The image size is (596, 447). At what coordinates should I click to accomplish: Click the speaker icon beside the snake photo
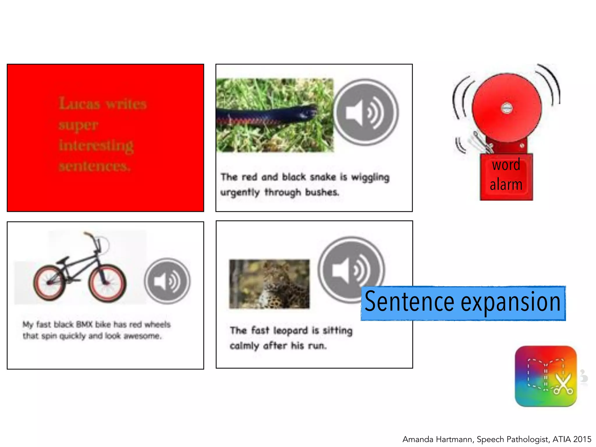click(366, 112)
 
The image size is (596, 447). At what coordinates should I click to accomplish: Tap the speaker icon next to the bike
click(167, 281)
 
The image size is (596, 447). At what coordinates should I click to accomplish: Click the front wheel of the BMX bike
click(107, 283)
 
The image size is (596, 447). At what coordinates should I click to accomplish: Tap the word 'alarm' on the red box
click(506, 185)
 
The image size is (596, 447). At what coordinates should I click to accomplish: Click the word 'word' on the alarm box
click(506, 165)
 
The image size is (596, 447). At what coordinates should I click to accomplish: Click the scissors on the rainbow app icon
click(563, 384)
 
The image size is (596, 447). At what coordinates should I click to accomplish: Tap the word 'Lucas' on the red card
click(79, 104)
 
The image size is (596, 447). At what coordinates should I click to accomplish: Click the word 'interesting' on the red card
click(96, 146)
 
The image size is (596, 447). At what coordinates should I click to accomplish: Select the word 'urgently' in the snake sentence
click(240, 192)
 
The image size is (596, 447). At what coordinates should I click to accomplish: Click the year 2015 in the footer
click(581, 439)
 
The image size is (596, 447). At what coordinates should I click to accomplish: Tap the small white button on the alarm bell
click(507, 108)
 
